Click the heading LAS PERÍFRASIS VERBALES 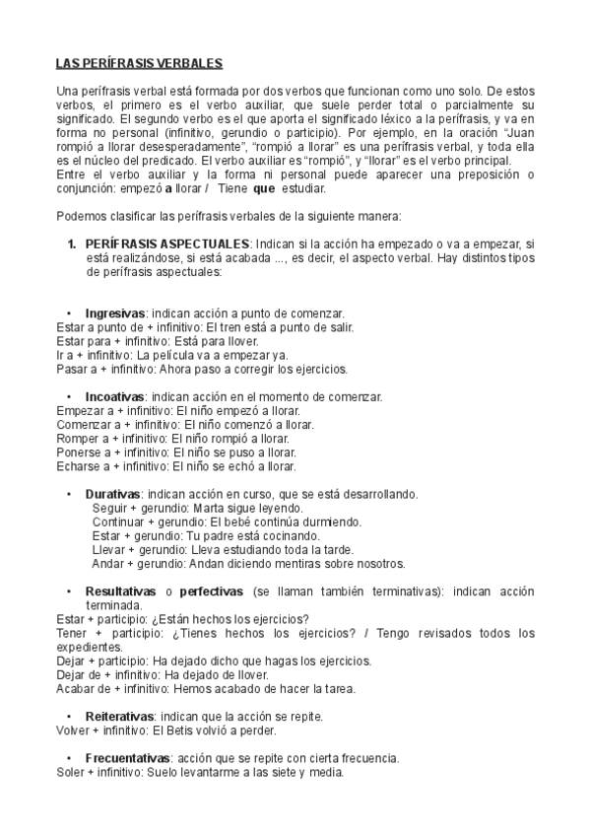click(x=140, y=64)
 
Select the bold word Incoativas click(x=115, y=396)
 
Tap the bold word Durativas click(x=112, y=494)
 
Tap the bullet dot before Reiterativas click(x=68, y=716)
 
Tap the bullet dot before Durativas click(x=68, y=494)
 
